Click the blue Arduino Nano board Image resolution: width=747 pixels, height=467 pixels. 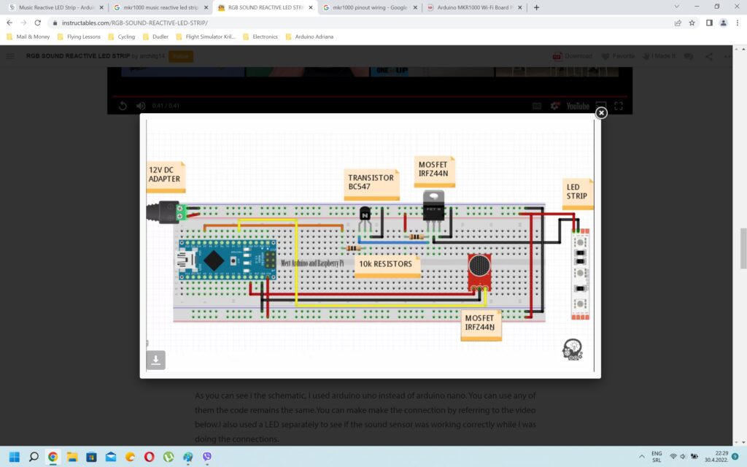pyautogui.click(x=228, y=260)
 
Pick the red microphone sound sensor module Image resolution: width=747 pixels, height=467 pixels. pyautogui.click(x=479, y=270)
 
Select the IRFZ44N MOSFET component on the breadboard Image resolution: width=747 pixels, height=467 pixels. pyautogui.click(x=433, y=207)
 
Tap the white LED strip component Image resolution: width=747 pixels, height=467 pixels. pyautogui.click(x=581, y=274)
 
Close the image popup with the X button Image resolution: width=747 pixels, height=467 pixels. pyautogui.click(x=601, y=113)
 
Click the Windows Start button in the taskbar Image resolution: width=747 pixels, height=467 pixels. pyautogui.click(x=13, y=457)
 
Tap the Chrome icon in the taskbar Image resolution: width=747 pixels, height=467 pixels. pyautogui.click(x=53, y=457)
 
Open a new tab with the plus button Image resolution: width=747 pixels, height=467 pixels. pyautogui.click(x=537, y=7)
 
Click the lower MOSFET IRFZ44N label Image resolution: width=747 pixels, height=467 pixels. pyautogui.click(x=479, y=323)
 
